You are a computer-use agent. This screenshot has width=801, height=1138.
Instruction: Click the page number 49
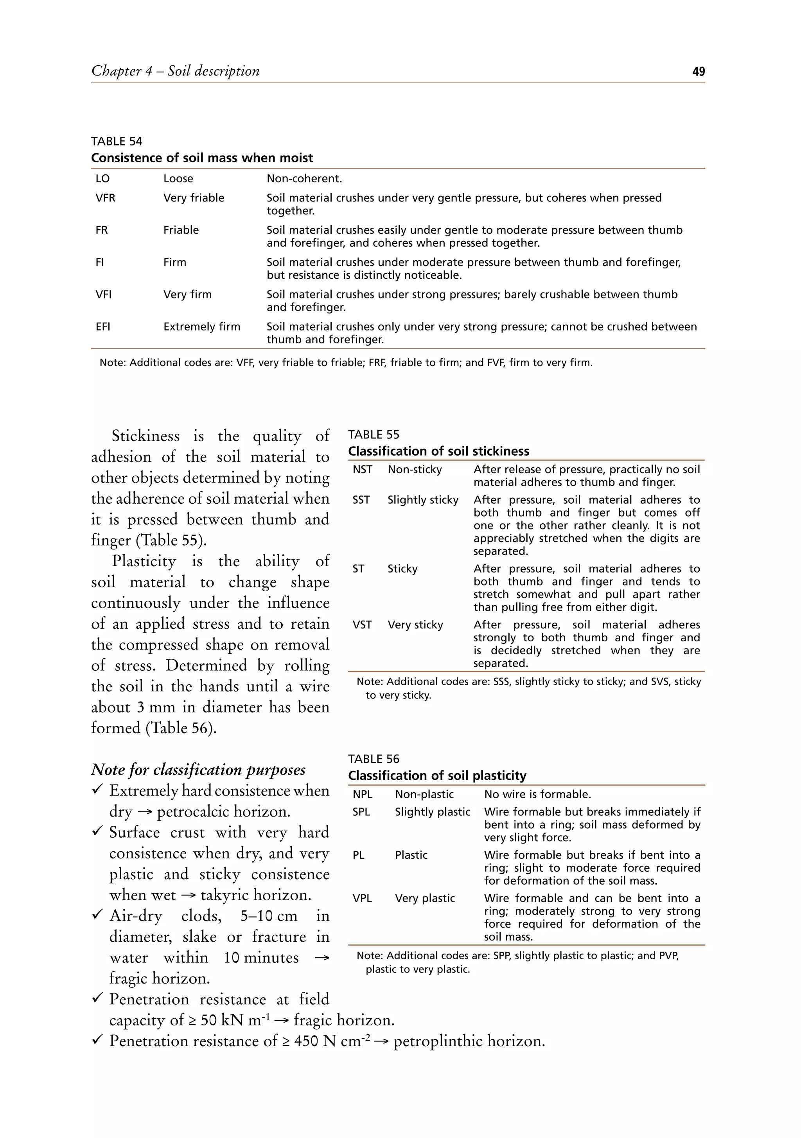[698, 72]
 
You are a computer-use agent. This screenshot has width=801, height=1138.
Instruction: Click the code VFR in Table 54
[105, 198]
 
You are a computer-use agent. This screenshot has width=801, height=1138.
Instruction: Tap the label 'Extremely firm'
[202, 327]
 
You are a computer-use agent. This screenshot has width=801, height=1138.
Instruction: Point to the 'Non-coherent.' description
[304, 178]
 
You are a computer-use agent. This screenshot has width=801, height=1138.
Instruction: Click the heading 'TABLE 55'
[373, 435]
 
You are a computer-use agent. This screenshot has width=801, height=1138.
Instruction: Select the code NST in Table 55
[362, 469]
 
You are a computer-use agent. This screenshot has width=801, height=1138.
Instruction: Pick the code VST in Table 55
[362, 625]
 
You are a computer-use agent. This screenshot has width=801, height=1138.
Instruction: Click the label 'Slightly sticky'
[423, 500]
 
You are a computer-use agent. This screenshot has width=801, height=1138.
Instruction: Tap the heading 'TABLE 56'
[373, 759]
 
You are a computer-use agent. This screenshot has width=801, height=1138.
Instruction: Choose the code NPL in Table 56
[362, 794]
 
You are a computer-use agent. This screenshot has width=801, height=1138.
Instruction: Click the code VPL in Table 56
[362, 898]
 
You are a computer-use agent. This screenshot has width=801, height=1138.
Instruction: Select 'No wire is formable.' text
[537, 794]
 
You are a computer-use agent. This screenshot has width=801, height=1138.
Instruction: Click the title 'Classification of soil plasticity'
[437, 775]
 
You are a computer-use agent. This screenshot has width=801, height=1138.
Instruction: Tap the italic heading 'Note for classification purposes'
[198, 769]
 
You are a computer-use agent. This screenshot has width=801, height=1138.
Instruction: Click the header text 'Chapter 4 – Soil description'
[176, 71]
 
